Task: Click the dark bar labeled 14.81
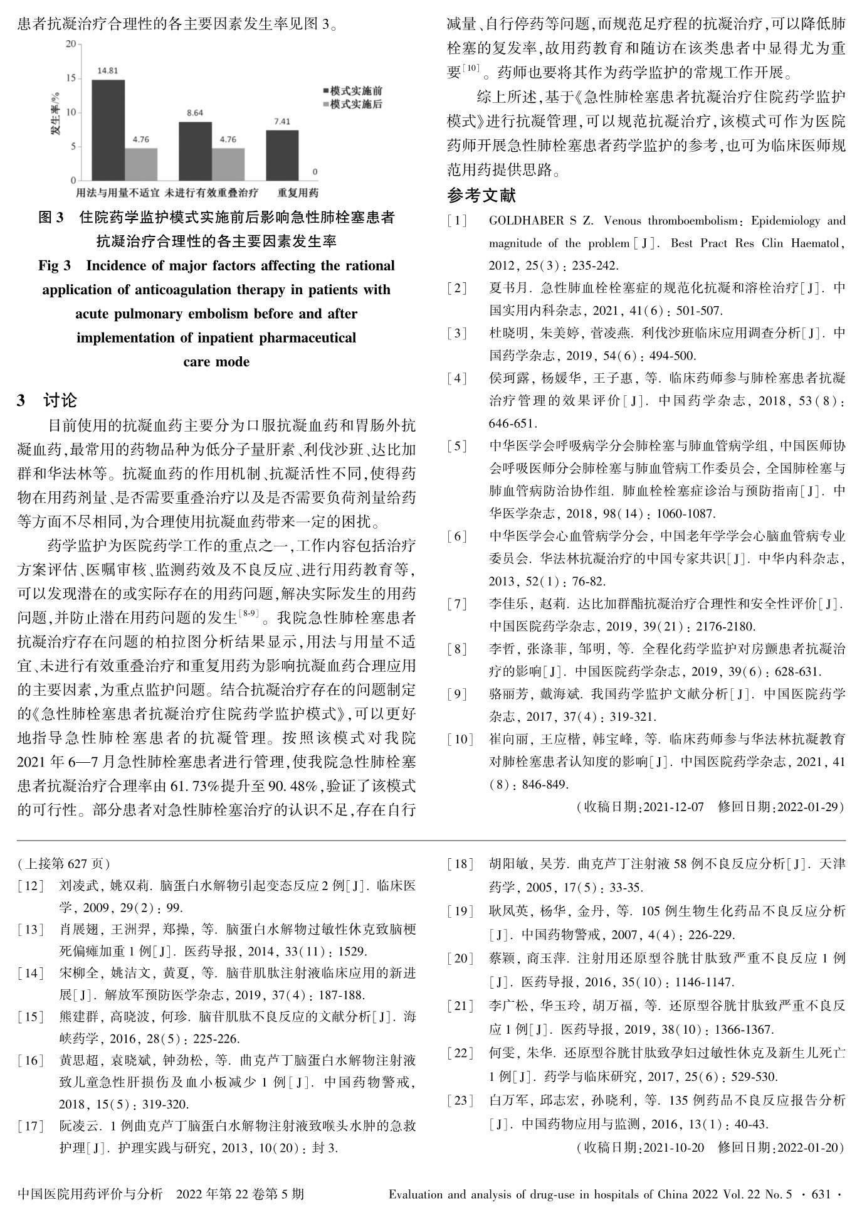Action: click(x=108, y=130)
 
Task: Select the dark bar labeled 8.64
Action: click(x=195, y=151)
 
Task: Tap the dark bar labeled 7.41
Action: click(x=281, y=155)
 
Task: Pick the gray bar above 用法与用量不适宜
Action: click(x=141, y=164)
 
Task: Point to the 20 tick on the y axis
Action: click(x=70, y=44)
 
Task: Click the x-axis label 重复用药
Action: click(x=298, y=192)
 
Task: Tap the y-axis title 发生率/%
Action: click(x=56, y=113)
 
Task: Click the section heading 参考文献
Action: click(x=481, y=196)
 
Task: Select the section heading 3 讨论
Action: click(x=47, y=400)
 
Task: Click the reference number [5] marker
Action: click(x=457, y=446)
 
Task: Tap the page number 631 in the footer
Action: click(x=821, y=1194)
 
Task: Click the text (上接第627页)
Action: click(x=63, y=864)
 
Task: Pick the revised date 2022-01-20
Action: click(x=807, y=1148)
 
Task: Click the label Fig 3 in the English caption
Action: click(x=55, y=266)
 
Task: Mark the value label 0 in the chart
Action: click(x=315, y=171)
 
